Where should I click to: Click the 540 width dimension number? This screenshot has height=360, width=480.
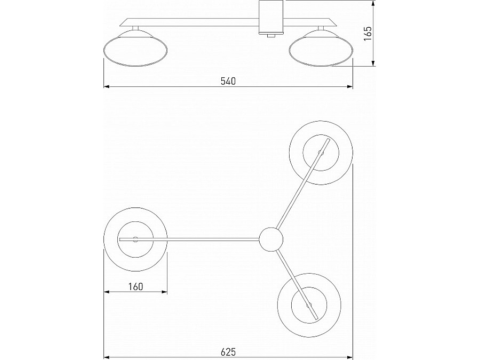tap(228, 81)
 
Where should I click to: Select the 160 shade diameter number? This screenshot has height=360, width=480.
tap(135, 286)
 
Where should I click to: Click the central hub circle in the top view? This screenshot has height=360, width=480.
tap(271, 239)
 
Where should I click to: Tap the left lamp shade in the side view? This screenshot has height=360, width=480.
tap(135, 49)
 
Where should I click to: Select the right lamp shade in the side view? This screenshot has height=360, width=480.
tap(321, 49)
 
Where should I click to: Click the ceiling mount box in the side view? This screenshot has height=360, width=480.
tap(271, 17)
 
